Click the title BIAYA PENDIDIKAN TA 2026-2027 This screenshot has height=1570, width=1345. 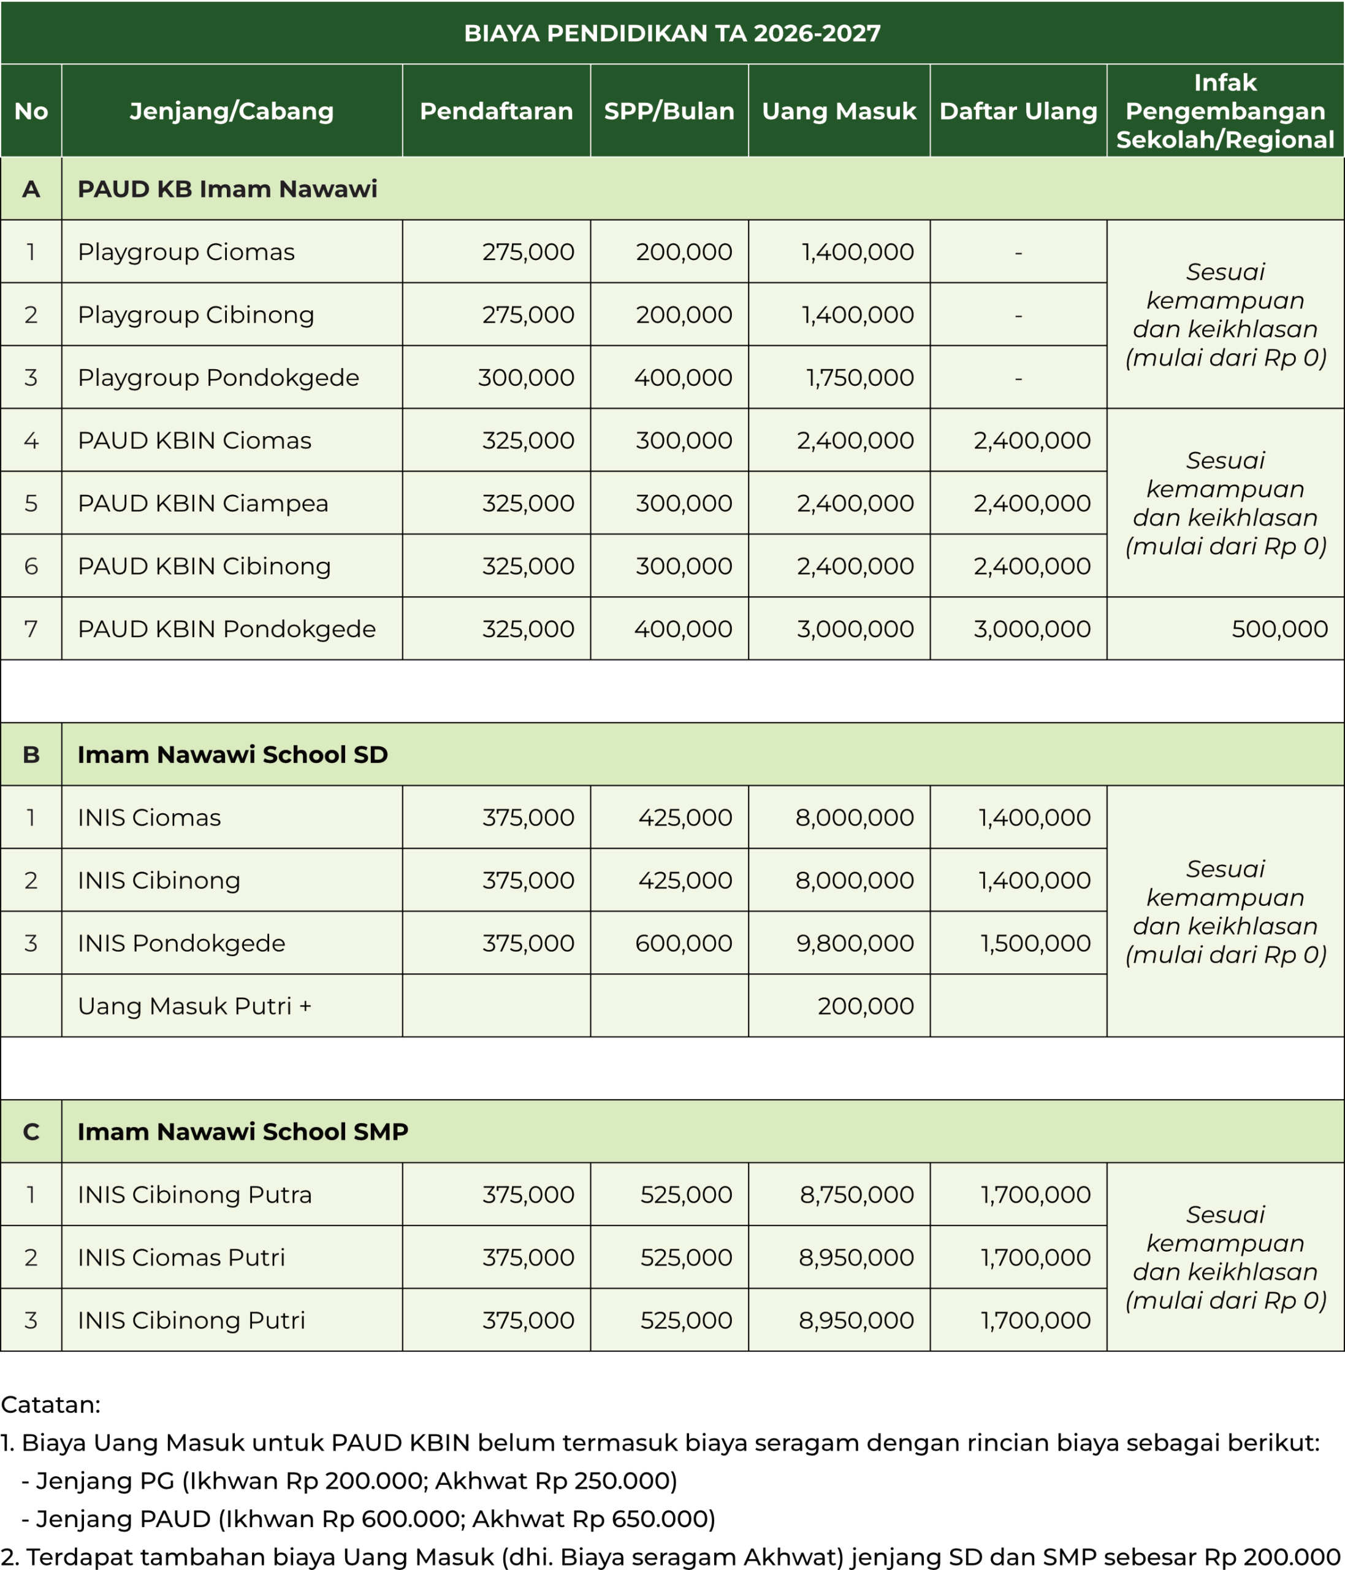click(x=672, y=33)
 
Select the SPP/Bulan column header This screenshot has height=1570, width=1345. click(x=669, y=112)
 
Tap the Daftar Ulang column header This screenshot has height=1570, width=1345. click(x=1018, y=112)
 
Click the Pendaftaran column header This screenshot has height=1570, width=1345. click(x=496, y=112)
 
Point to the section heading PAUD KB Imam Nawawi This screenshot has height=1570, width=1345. click(x=227, y=189)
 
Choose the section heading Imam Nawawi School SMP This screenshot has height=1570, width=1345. click(x=242, y=1132)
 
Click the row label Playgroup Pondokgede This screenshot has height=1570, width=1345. click(x=218, y=377)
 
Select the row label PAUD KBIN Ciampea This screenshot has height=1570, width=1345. click(x=203, y=503)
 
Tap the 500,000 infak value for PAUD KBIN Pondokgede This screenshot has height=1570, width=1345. click(x=1279, y=629)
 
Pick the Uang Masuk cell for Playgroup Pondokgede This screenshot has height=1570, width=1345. click(x=859, y=377)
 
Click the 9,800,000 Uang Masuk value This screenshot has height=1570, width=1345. click(x=854, y=943)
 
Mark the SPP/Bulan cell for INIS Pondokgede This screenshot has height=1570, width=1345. click(x=683, y=943)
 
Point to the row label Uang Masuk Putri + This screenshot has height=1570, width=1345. click(x=194, y=1006)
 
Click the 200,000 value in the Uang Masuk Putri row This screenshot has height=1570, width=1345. click(x=866, y=1006)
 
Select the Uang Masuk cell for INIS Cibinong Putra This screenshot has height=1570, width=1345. click(x=856, y=1195)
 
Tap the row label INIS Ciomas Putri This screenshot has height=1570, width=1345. click(x=181, y=1258)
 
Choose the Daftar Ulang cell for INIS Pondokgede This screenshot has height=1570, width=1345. click(x=1035, y=943)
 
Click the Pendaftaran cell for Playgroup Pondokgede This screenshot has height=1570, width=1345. click(x=525, y=377)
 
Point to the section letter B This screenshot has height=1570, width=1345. click(x=31, y=755)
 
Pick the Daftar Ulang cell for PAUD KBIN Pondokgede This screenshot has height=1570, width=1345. click(x=1032, y=629)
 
